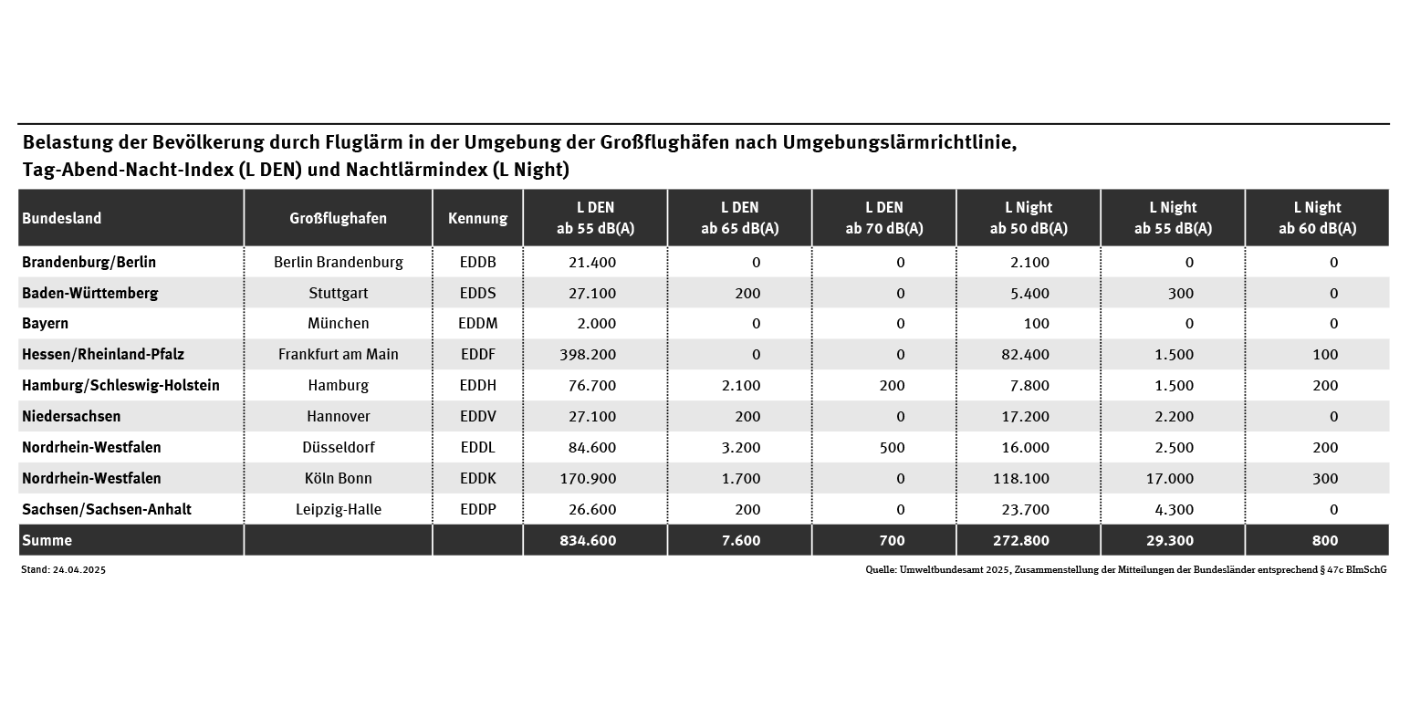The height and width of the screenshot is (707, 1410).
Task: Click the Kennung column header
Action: (477, 218)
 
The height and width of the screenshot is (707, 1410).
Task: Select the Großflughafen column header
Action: (338, 218)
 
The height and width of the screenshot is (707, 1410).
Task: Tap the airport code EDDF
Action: (477, 354)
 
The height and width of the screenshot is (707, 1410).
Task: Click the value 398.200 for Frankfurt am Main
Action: (588, 354)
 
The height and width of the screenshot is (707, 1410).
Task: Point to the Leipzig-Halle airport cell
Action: (338, 509)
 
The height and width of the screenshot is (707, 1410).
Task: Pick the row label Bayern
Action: (46, 323)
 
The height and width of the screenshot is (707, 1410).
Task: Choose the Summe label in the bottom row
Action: (47, 540)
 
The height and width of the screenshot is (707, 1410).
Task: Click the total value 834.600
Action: (588, 540)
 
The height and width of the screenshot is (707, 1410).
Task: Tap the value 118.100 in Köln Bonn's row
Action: (1020, 478)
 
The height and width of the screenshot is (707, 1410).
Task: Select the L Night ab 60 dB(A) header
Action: (1317, 218)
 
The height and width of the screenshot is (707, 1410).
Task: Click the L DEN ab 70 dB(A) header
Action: (883, 218)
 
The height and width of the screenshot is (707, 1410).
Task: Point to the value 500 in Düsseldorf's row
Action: (892, 447)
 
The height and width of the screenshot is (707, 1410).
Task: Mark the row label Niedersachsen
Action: (71, 416)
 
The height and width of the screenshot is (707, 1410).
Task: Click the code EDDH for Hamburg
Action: (477, 385)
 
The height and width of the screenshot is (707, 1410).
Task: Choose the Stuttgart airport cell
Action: (338, 293)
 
